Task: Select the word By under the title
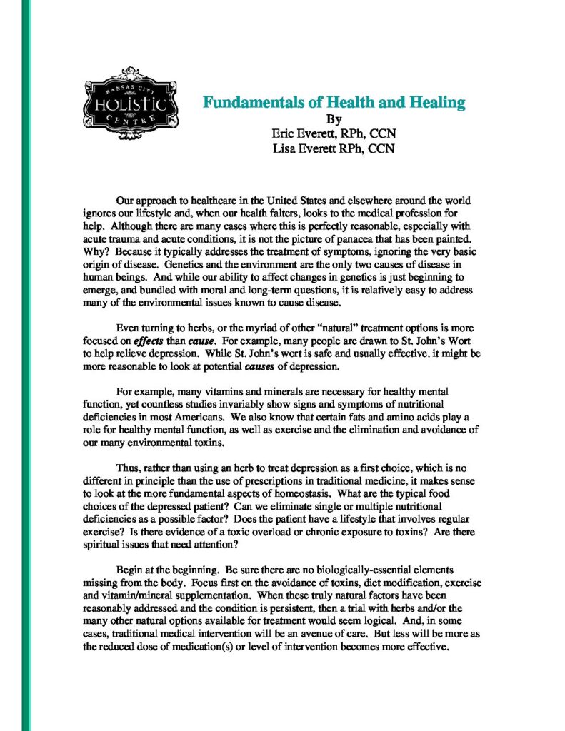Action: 334,119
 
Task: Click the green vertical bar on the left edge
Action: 26,365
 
